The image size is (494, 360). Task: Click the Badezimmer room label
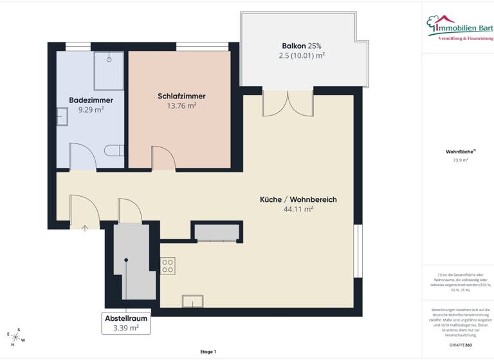coord(91,100)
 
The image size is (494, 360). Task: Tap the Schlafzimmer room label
coord(181,96)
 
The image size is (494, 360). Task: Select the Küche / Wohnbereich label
coord(298,199)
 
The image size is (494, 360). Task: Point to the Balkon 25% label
coord(301,46)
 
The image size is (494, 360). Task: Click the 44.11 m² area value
coord(298,209)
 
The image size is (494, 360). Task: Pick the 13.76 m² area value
coord(181,105)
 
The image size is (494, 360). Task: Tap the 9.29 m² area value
coord(91,109)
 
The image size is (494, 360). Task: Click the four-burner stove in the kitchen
coord(168,265)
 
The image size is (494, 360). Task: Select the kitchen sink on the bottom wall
coord(192,301)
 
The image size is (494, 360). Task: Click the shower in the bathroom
coord(109,71)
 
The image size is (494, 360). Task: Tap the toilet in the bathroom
coord(114,150)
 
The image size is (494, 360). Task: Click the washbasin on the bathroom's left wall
coord(62,116)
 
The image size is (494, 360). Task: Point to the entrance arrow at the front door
coord(84,227)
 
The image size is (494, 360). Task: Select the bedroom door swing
coord(162,158)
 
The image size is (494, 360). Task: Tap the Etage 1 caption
coord(208,351)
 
